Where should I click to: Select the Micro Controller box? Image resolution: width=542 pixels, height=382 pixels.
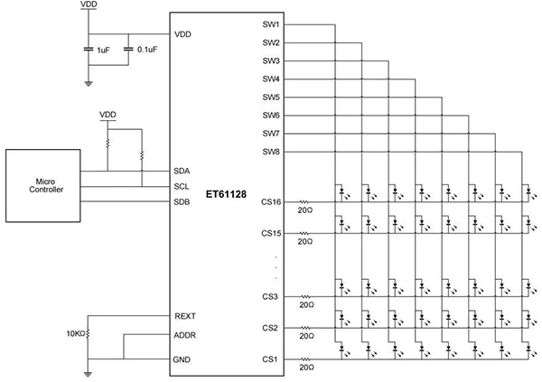point(42,185)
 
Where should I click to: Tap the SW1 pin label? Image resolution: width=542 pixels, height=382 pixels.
point(269,23)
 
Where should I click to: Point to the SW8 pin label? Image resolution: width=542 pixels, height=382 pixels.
point(269,152)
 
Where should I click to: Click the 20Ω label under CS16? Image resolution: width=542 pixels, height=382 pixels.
point(304,213)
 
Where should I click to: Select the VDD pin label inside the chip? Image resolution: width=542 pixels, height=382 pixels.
point(183,35)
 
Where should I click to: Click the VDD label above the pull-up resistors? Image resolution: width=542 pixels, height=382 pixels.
point(108,116)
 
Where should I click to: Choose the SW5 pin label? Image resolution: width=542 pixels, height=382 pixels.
point(269,97)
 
